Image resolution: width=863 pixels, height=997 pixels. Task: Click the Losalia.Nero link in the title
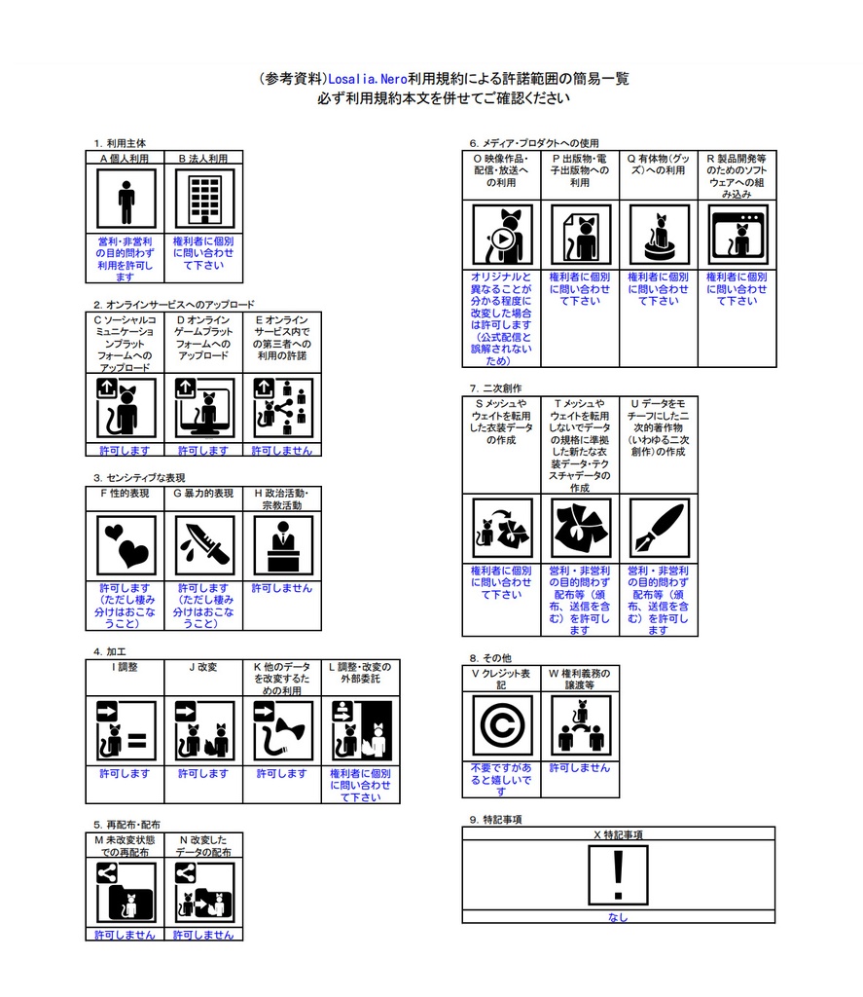368,79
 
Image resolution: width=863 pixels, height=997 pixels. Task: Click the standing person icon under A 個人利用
126,199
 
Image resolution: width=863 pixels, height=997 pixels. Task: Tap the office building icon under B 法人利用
204,199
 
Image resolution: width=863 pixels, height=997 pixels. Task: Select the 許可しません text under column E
282,450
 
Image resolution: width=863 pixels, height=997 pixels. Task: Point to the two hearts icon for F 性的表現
126,545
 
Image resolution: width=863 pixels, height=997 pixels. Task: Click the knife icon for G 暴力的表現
204,545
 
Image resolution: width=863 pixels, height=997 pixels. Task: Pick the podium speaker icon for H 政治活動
283,545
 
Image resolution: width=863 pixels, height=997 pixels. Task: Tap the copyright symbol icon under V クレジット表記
502,724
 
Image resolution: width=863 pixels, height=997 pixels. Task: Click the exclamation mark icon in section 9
618,875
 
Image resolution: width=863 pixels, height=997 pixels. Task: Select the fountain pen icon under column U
659,528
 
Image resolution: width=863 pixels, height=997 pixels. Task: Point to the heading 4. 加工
109,651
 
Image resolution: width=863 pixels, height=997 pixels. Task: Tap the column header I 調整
125,667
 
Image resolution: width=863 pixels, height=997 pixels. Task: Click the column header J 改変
203,667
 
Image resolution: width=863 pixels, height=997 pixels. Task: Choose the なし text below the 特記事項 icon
618,917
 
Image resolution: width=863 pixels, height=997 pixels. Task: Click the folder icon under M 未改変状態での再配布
126,892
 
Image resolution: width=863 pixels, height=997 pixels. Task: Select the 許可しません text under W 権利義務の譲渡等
580,768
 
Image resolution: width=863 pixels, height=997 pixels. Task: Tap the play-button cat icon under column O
502,235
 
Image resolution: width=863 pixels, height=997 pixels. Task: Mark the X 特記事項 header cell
619,834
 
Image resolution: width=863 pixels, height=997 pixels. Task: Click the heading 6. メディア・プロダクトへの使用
534,143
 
